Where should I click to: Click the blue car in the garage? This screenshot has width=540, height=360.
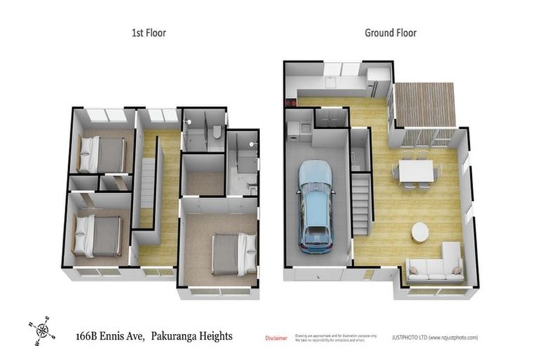click(316, 206)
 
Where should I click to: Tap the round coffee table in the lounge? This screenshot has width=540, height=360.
click(420, 231)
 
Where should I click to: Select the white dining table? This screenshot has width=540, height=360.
click(415, 171)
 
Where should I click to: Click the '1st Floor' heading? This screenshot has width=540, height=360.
click(149, 33)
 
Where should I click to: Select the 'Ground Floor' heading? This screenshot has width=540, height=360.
click(390, 33)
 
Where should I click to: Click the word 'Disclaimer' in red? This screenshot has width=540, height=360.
click(276, 338)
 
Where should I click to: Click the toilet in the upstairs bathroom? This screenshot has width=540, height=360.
click(217, 132)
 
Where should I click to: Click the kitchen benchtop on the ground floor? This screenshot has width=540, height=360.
click(330, 92)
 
